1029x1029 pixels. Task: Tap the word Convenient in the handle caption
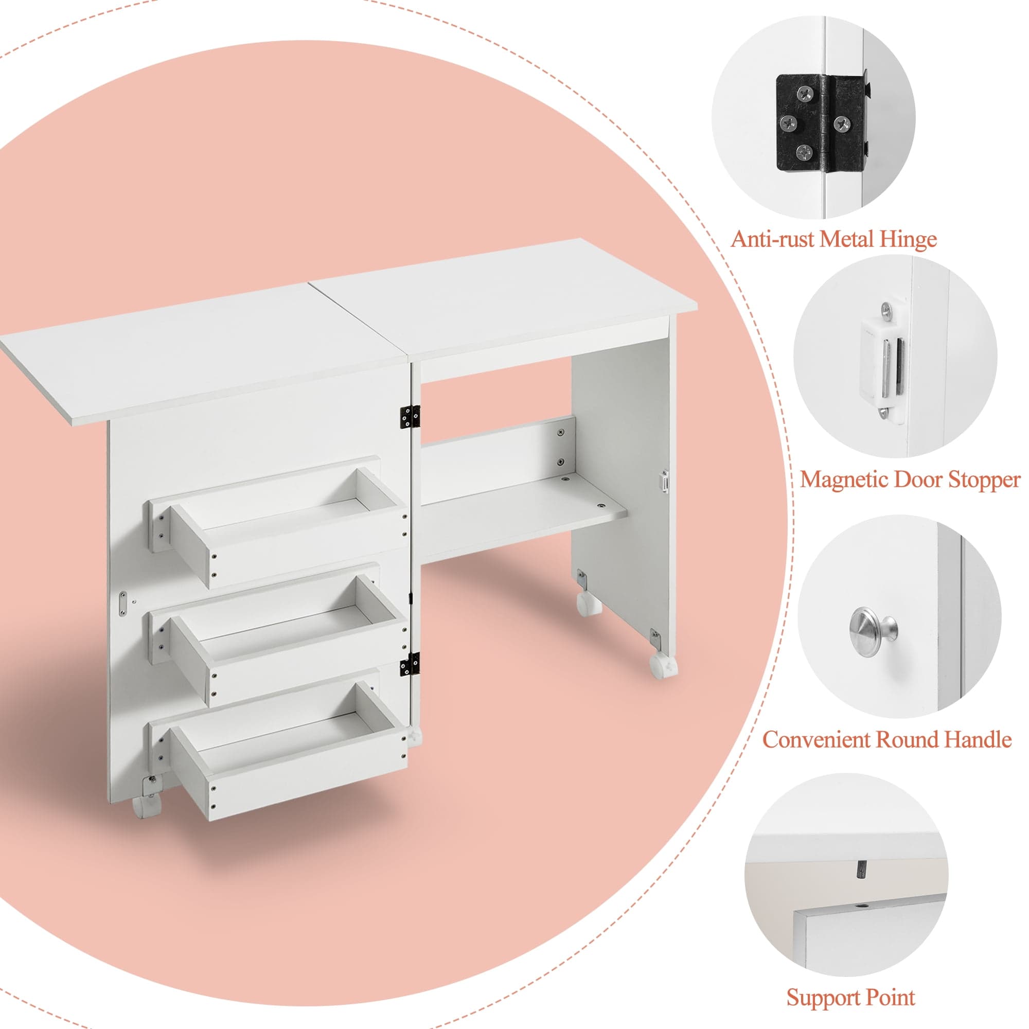pos(816,739)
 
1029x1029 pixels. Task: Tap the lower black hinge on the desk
pos(410,665)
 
